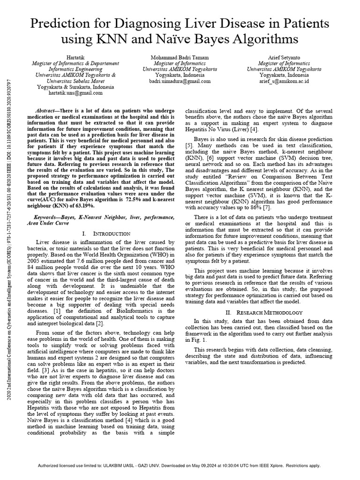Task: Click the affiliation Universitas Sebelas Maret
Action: [71, 81]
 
